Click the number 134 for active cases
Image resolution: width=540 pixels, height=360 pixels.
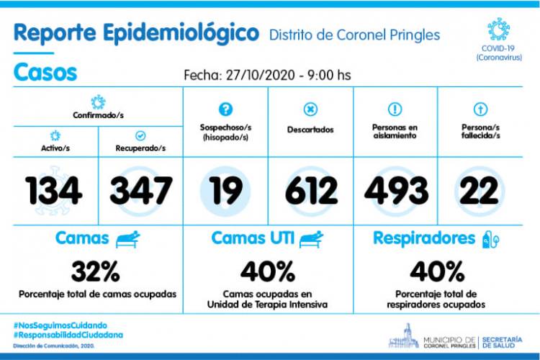click(54, 190)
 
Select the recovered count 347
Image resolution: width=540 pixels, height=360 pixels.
click(141, 190)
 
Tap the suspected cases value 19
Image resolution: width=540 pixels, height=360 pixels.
click(225, 190)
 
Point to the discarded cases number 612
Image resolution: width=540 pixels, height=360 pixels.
click(311, 190)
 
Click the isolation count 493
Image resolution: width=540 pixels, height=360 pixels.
click(396, 190)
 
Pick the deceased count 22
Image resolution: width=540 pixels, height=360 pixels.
click(479, 190)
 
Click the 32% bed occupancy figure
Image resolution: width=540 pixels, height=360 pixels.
click(95, 271)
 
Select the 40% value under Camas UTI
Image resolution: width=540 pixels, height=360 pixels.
click(268, 271)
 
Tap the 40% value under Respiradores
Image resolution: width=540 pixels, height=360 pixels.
click(437, 271)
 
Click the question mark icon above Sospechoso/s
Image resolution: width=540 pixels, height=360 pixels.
click(225, 109)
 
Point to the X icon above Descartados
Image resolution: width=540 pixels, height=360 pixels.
click(310, 109)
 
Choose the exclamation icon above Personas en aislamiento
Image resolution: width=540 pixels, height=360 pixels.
click(395, 109)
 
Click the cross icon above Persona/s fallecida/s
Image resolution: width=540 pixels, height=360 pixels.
click(480, 109)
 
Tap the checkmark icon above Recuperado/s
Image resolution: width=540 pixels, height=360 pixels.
click(140, 136)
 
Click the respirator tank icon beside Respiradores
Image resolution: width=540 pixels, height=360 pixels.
click(490, 239)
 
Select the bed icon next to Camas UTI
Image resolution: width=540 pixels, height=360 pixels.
click(311, 239)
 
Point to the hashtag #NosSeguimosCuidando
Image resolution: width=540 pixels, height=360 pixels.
click(60, 325)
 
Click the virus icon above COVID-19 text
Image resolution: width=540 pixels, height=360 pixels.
click(498, 30)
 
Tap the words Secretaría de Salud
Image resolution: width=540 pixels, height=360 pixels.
click(502, 343)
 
